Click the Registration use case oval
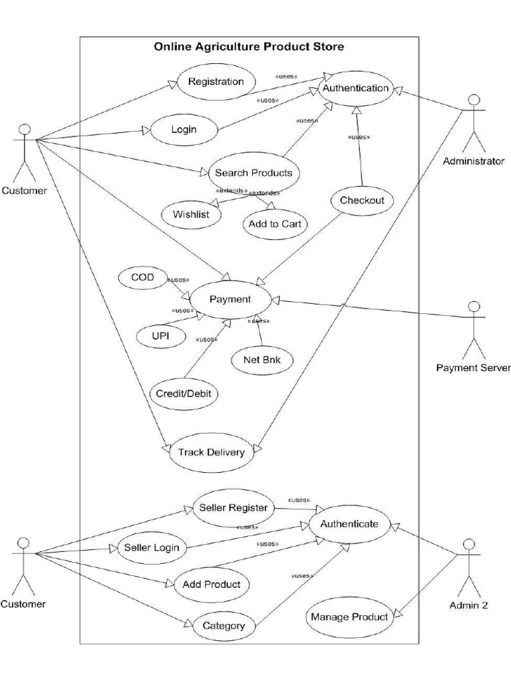pyautogui.click(x=216, y=82)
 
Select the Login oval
pyautogui.click(x=184, y=129)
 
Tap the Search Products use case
pyautogui.click(x=254, y=173)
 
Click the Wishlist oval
pyautogui.click(x=191, y=214)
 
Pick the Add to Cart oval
pyautogui.click(x=275, y=224)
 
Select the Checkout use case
pyautogui.click(x=362, y=200)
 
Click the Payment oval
pyautogui.click(x=230, y=299)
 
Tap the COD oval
pyautogui.click(x=142, y=277)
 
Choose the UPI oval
pyautogui.click(x=160, y=337)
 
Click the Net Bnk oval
pyautogui.click(x=261, y=360)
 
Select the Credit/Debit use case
pyautogui.click(x=183, y=393)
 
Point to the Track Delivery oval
pyautogui.click(x=211, y=452)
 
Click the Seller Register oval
pyautogui.click(x=234, y=508)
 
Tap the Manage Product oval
pyautogui.click(x=349, y=616)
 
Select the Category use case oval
pyautogui.click(x=224, y=625)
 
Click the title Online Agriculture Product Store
pyautogui.click(x=249, y=47)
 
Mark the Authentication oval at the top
pyautogui.click(x=355, y=88)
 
